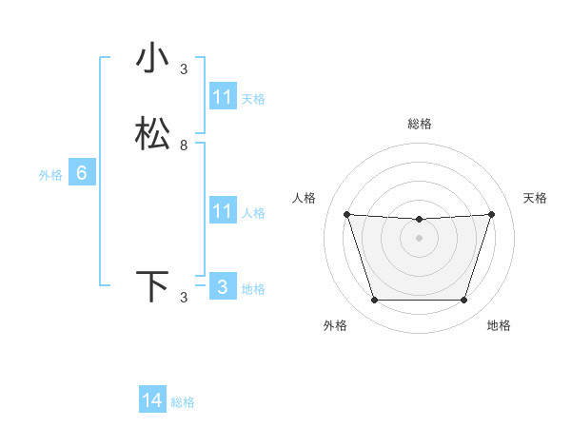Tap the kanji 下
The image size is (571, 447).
click(x=152, y=286)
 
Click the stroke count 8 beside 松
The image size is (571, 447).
click(x=184, y=146)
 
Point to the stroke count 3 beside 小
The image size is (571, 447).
click(x=184, y=68)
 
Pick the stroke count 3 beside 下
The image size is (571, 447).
click(x=184, y=298)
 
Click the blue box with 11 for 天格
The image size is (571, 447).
click(x=222, y=97)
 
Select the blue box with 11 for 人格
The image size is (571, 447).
click(x=222, y=211)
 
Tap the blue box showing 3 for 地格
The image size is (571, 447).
click(x=222, y=287)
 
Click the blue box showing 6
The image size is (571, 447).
click(x=82, y=173)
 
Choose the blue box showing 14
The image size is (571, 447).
click(x=152, y=400)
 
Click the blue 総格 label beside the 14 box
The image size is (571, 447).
click(x=183, y=402)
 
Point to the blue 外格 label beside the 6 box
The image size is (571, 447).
click(x=50, y=175)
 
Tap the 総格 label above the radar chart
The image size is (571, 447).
click(x=420, y=124)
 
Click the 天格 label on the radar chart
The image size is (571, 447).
click(x=535, y=198)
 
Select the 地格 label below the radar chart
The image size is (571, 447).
click(x=499, y=325)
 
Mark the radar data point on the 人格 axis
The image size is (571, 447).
click(x=346, y=214)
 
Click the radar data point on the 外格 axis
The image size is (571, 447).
click(x=374, y=301)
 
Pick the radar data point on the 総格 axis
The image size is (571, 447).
click(x=419, y=220)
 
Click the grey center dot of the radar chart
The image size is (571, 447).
click(x=419, y=238)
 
